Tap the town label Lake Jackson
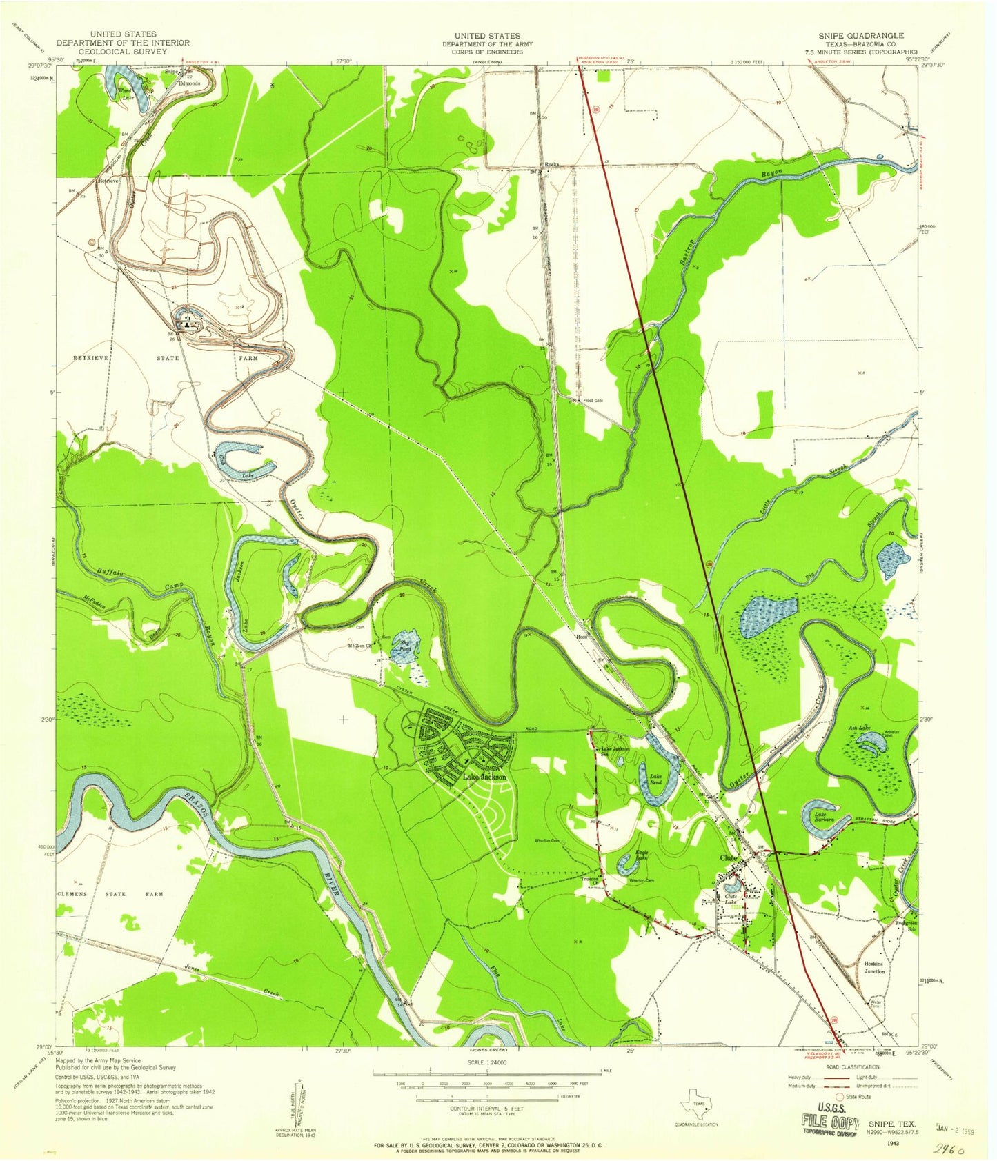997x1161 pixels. tap(484, 777)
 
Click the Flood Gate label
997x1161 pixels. tap(593, 399)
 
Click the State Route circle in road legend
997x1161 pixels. tap(840, 1096)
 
